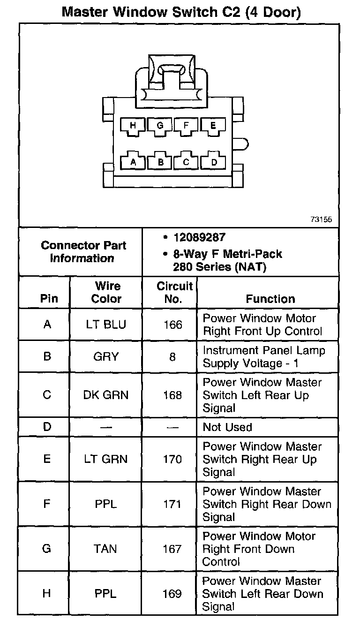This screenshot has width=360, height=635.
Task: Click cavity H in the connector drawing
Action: [133, 126]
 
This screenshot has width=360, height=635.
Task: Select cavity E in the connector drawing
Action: [213, 126]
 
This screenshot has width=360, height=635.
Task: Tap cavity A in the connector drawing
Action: [133, 162]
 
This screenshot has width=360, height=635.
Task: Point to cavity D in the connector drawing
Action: [214, 162]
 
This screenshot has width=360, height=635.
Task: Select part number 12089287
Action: [199, 238]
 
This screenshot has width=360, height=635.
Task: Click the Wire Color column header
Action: [106, 292]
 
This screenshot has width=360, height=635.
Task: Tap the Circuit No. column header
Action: [174, 292]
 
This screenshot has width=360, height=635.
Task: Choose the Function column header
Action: [270, 299]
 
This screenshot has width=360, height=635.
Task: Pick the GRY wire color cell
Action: [106, 357]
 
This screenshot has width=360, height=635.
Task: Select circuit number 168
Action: [172, 395]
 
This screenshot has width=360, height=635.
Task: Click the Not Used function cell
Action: [227, 427]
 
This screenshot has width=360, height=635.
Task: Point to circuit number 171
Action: [172, 504]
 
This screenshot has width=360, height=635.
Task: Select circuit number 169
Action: [172, 594]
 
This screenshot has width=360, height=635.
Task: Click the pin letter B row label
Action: [47, 357]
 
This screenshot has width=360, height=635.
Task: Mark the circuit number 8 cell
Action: [172, 357]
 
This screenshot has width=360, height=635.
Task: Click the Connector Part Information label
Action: [83, 252]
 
